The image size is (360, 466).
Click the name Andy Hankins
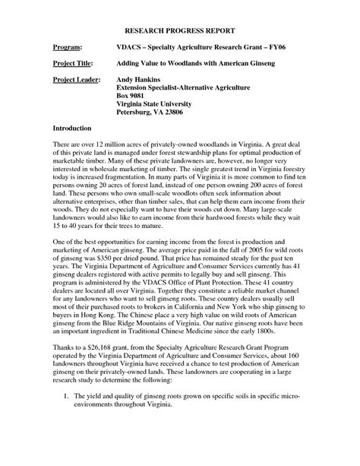coord(137,79)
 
